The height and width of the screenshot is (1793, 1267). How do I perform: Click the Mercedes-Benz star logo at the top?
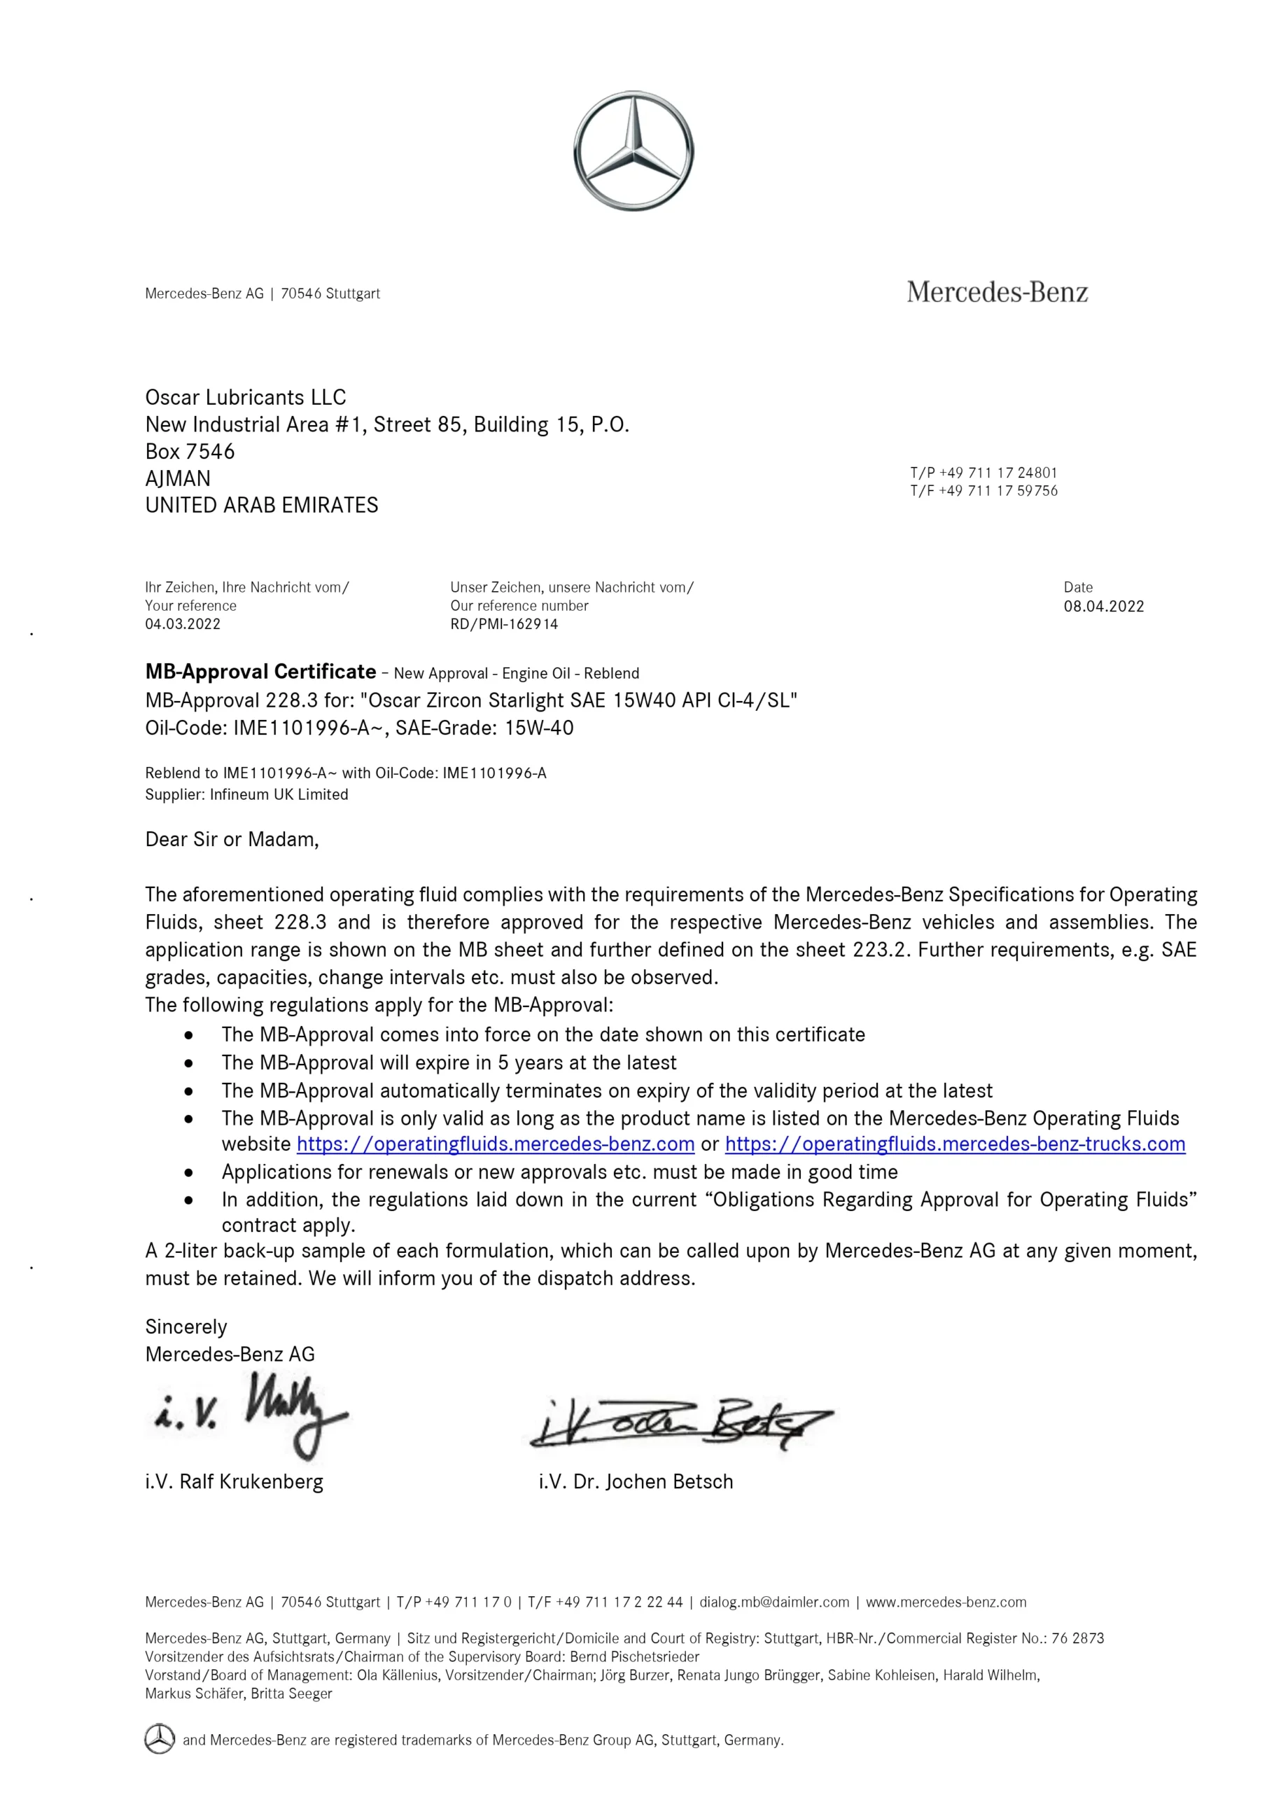(x=633, y=151)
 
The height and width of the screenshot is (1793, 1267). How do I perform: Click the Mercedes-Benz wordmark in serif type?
(x=997, y=293)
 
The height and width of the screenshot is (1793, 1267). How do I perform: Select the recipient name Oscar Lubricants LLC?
(x=245, y=398)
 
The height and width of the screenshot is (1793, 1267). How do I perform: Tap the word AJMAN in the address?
(x=178, y=478)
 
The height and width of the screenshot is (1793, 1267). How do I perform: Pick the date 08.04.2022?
(x=1103, y=607)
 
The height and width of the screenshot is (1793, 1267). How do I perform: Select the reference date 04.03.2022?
(x=183, y=624)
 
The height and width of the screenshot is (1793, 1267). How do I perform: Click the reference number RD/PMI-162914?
(x=503, y=624)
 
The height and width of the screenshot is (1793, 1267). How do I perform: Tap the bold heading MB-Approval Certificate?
(x=260, y=672)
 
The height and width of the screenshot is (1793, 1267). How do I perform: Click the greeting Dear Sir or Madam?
(x=232, y=840)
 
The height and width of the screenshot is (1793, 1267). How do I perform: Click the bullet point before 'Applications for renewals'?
(x=189, y=1172)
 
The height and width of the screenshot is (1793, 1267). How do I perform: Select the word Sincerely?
(x=185, y=1327)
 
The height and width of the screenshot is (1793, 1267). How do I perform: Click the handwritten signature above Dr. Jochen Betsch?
(x=679, y=1422)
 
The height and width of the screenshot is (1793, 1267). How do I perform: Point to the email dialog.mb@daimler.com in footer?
(x=773, y=1602)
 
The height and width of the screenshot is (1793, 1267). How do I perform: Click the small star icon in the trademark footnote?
(x=160, y=1739)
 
